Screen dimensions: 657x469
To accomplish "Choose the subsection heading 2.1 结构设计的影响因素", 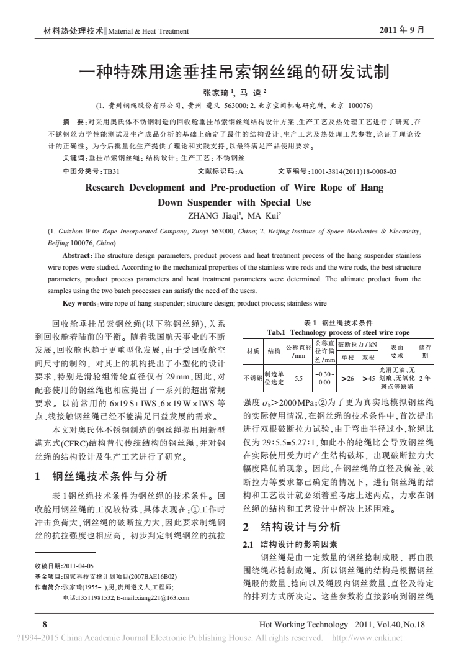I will [279, 543].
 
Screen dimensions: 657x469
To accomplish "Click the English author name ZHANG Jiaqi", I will [212, 217].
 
